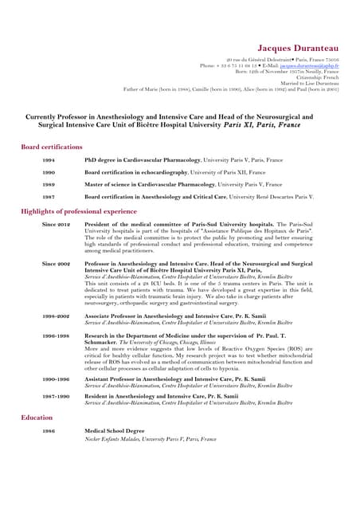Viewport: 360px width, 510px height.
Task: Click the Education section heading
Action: [x=37, y=417]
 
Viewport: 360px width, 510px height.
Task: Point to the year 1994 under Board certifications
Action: [x=49, y=160]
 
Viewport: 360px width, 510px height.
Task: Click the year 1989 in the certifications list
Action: [x=49, y=184]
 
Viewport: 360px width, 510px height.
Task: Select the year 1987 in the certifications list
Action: [x=49, y=196]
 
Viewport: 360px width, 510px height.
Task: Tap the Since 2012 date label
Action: [x=57, y=225]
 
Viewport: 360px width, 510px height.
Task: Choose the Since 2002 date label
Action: [x=57, y=263]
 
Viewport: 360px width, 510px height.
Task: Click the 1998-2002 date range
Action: [x=56, y=316]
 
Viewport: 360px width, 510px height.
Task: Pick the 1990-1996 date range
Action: [x=56, y=379]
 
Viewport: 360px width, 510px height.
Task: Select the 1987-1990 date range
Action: [x=56, y=395]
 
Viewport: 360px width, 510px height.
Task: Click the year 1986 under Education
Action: [x=49, y=431]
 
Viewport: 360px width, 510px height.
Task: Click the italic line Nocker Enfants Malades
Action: [x=150, y=439]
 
